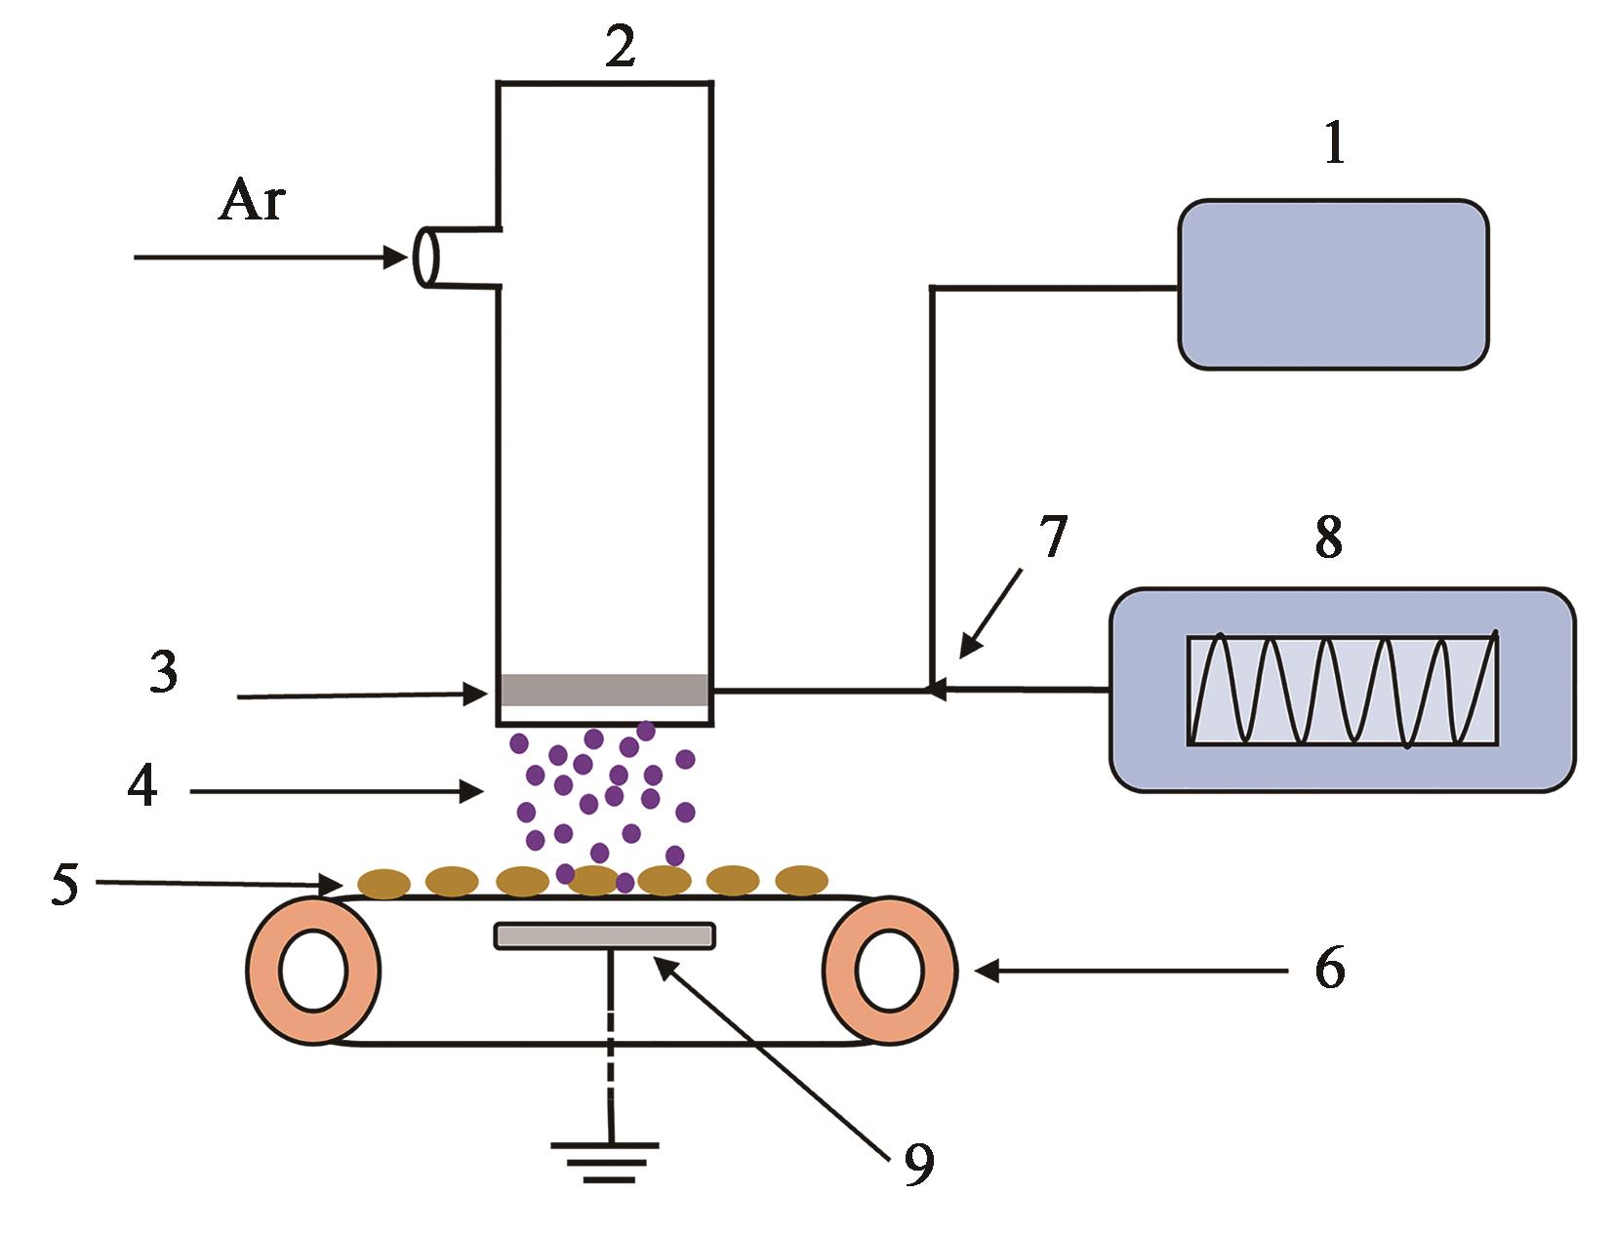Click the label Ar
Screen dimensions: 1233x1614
coord(253,201)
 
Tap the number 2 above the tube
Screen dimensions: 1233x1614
coord(620,46)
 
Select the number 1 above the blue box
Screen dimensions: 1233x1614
coord(1334,144)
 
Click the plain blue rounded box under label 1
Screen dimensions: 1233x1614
coord(1333,284)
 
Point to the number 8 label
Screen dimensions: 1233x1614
coord(1328,536)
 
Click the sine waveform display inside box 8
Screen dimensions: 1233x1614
coord(1343,691)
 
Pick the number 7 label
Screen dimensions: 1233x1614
coord(1052,537)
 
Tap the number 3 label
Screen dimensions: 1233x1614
coord(164,672)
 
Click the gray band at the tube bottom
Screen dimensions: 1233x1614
coord(604,690)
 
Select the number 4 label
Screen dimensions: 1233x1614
coord(142,786)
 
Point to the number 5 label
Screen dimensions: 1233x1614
coord(64,885)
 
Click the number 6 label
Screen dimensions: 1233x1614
coord(1329,969)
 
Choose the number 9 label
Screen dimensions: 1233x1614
coord(918,1163)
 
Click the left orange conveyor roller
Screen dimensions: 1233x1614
coord(313,971)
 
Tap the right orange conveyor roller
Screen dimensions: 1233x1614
coord(889,971)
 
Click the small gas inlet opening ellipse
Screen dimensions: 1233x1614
coord(426,257)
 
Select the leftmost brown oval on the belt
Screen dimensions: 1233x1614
coord(384,884)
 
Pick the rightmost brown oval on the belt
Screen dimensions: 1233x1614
coord(801,881)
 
